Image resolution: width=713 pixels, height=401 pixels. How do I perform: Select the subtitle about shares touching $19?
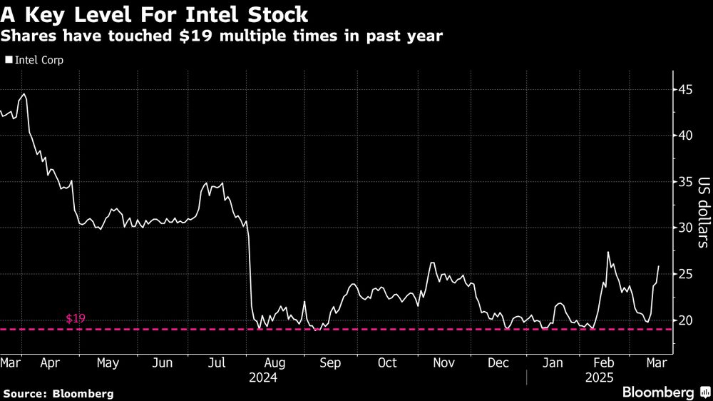coord(222,36)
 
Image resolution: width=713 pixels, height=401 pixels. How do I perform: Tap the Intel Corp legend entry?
coord(35,60)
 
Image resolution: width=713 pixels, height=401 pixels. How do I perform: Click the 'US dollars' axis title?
coord(702,212)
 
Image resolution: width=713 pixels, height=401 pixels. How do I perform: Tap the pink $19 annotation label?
coord(76,318)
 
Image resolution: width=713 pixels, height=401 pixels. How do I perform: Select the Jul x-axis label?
coord(216,362)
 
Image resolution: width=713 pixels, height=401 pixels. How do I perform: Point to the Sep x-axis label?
coord(330,362)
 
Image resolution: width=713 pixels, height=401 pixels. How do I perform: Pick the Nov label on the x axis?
coord(443,362)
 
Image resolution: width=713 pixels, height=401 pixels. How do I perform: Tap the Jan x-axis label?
coord(553,362)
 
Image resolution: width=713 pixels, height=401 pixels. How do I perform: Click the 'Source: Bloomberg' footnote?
coord(58,393)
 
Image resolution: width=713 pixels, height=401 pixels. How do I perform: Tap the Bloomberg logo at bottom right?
coord(666,392)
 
